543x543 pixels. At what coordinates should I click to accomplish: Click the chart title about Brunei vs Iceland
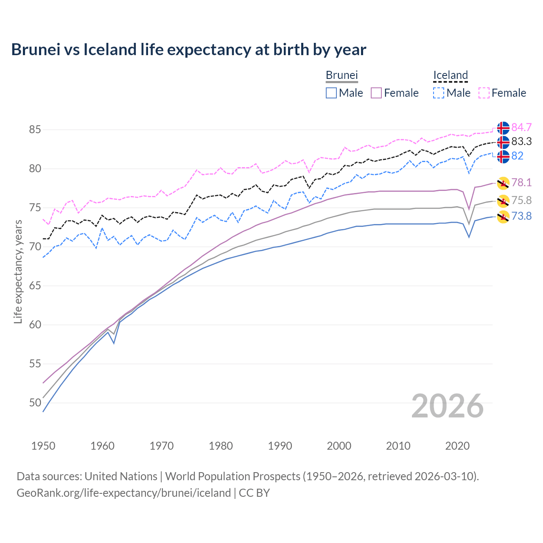[x=188, y=50]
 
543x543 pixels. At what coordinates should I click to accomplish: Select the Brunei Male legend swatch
[x=331, y=93]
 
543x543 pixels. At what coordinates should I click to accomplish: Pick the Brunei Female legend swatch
[x=377, y=93]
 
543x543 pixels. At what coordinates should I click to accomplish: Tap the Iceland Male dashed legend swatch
[x=439, y=93]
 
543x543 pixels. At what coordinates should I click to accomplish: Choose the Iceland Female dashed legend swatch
[x=484, y=93]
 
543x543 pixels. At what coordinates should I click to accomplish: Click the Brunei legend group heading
[x=341, y=75]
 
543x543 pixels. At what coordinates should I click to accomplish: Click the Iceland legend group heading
[x=450, y=75]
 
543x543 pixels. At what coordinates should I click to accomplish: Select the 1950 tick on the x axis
[x=43, y=446]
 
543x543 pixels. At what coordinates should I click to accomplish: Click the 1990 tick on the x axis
[x=280, y=446]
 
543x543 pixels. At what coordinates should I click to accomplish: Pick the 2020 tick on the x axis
[x=457, y=446]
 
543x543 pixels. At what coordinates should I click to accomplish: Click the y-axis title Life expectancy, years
[x=18, y=271]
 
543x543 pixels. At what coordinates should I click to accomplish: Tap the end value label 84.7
[x=521, y=127]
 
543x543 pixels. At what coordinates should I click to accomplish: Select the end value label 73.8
[x=521, y=216]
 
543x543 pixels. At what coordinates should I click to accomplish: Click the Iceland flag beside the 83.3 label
[x=503, y=142]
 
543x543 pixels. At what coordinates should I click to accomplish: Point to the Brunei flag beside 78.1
[x=503, y=183]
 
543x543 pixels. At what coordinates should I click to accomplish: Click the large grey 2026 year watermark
[x=447, y=406]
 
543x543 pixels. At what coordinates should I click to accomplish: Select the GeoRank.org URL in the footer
[x=123, y=493]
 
